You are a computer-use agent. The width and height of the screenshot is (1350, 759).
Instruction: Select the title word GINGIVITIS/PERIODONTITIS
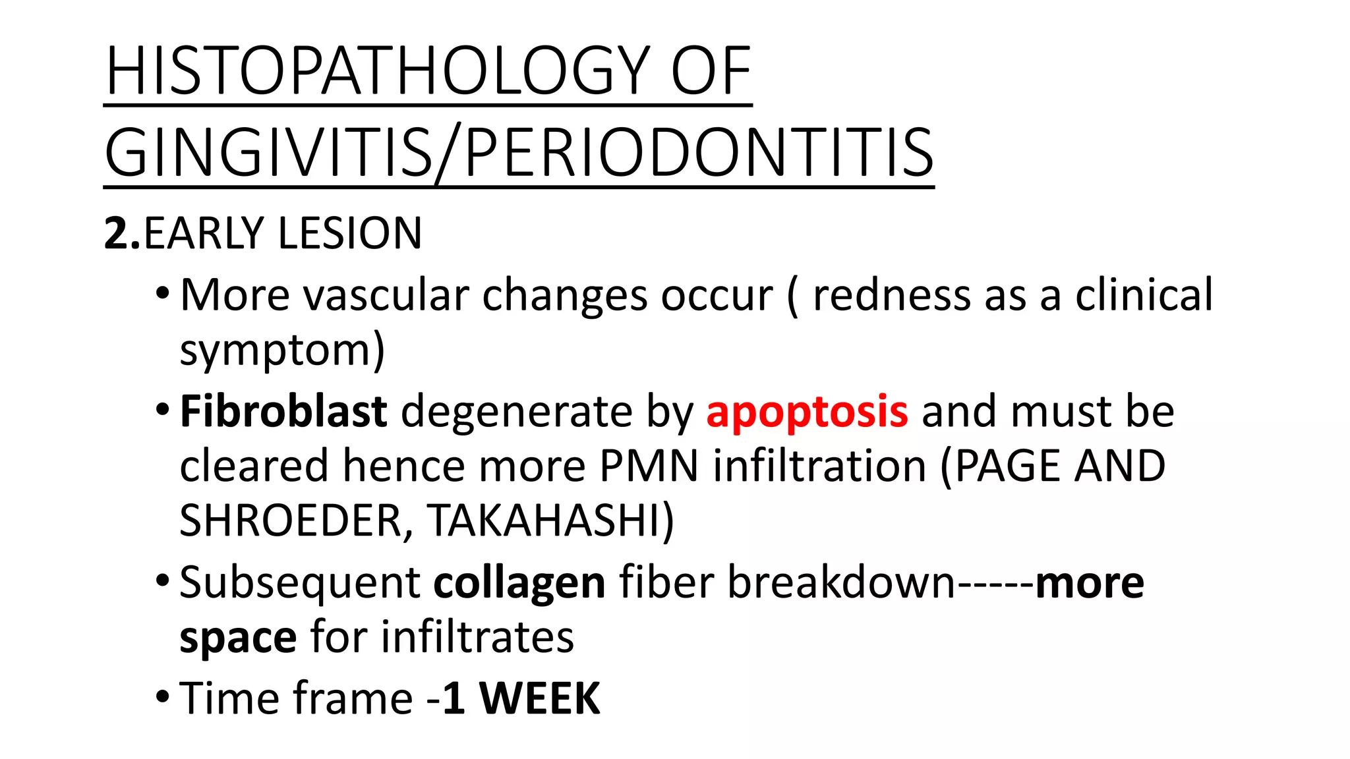[x=519, y=153]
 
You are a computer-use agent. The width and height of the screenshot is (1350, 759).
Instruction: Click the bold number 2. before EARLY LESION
[x=122, y=233]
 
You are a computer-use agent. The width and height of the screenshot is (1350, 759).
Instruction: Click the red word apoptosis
[x=807, y=411]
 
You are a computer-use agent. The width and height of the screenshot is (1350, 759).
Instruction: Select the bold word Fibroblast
[x=283, y=411]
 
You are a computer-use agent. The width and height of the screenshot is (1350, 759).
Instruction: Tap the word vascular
[x=386, y=295]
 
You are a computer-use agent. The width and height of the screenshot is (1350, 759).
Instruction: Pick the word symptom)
[x=282, y=351]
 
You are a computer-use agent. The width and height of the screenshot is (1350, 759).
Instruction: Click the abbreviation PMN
[x=649, y=466]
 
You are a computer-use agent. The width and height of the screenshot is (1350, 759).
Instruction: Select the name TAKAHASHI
[x=550, y=520]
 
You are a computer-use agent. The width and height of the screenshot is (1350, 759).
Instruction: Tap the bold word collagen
[x=519, y=582]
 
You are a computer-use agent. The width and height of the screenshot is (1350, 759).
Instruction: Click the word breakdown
[x=841, y=582]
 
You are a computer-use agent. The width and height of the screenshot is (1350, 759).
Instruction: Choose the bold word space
[x=238, y=638]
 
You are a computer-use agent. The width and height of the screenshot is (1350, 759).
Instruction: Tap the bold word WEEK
[x=540, y=698]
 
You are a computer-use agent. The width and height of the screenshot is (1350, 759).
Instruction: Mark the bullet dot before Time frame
[x=163, y=696]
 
